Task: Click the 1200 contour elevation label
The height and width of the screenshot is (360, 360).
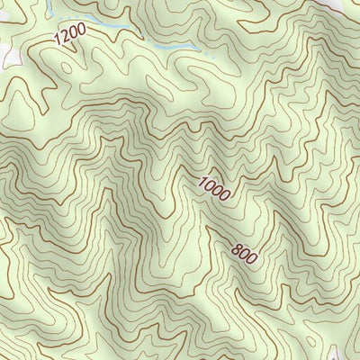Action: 69,36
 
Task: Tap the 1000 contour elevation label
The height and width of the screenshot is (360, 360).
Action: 215,186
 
